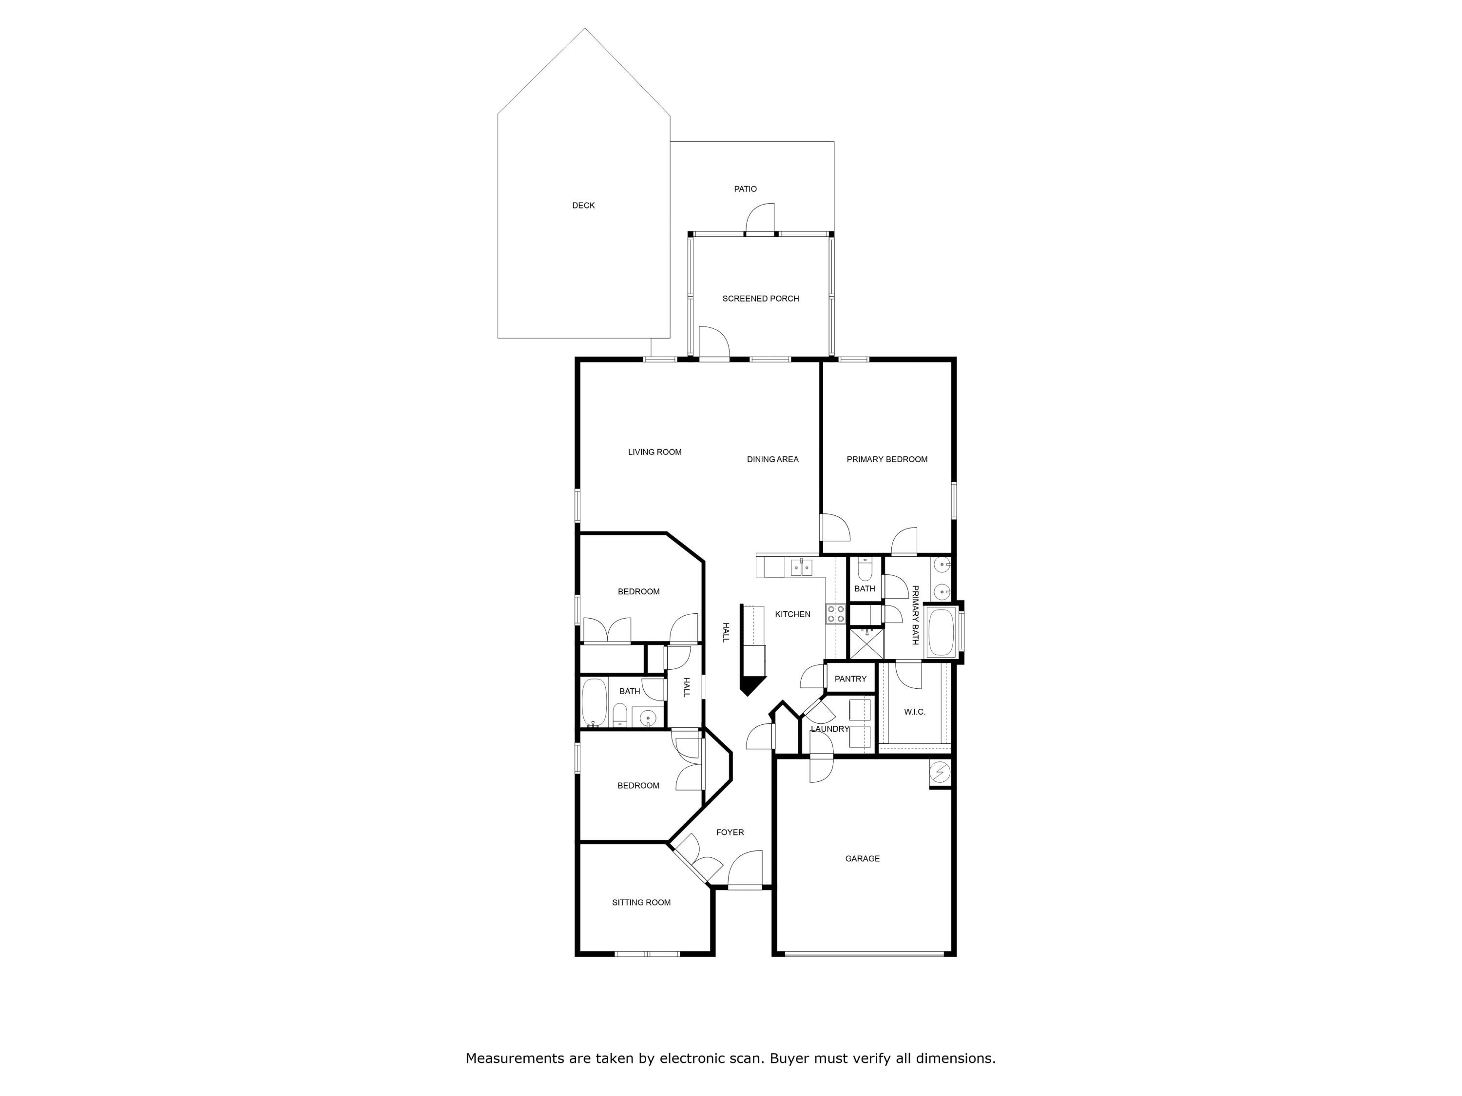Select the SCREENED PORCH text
click(760, 299)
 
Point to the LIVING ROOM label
click(654, 452)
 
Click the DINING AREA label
click(772, 459)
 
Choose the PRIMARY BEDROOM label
click(886, 459)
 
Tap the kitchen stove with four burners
click(835, 614)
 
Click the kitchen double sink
click(801, 567)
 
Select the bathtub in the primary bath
click(940, 632)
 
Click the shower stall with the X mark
click(866, 643)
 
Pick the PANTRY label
click(850, 679)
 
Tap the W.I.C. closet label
click(914, 712)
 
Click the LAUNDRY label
click(829, 729)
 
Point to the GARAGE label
click(862, 858)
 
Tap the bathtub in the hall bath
click(594, 702)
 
